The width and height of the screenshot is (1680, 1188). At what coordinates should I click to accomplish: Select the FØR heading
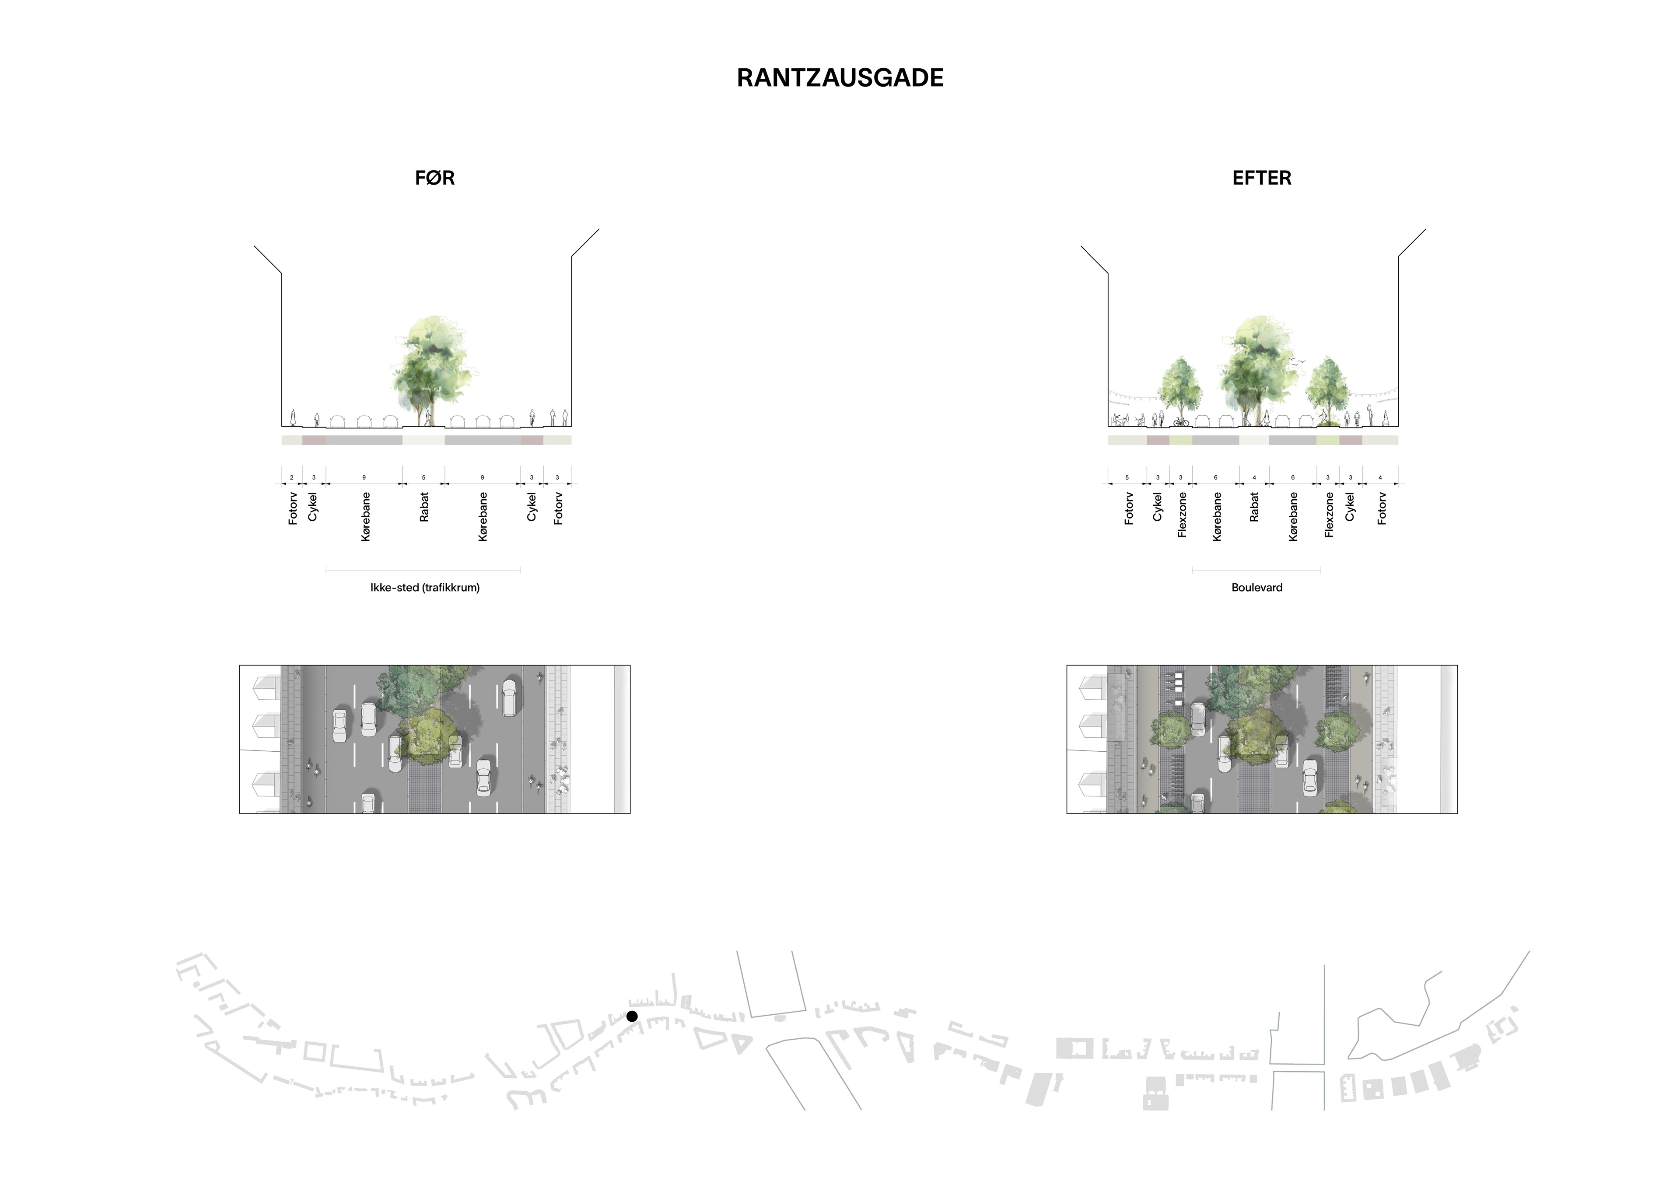[x=434, y=178]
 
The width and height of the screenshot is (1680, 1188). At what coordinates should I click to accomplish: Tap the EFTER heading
[x=1261, y=178]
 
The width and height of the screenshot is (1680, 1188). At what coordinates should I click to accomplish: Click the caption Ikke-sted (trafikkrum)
[x=424, y=587]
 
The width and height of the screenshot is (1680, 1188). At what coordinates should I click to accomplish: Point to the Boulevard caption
[x=1256, y=587]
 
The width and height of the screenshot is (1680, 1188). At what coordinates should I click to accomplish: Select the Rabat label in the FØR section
[x=423, y=507]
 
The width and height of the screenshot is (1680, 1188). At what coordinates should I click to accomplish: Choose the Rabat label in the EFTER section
[x=1254, y=507]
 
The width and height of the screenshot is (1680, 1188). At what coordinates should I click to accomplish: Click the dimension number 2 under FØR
[x=291, y=478]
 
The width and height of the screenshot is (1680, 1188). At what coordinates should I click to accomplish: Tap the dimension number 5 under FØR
[x=423, y=478]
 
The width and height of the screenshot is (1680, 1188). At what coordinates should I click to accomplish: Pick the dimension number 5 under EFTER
[x=1127, y=478]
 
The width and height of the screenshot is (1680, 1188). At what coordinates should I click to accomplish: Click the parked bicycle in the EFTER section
[x=1181, y=422]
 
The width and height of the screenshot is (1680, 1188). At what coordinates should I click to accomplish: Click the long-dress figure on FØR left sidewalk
[x=293, y=417]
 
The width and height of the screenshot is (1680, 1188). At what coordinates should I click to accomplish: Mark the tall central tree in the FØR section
[x=432, y=366]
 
